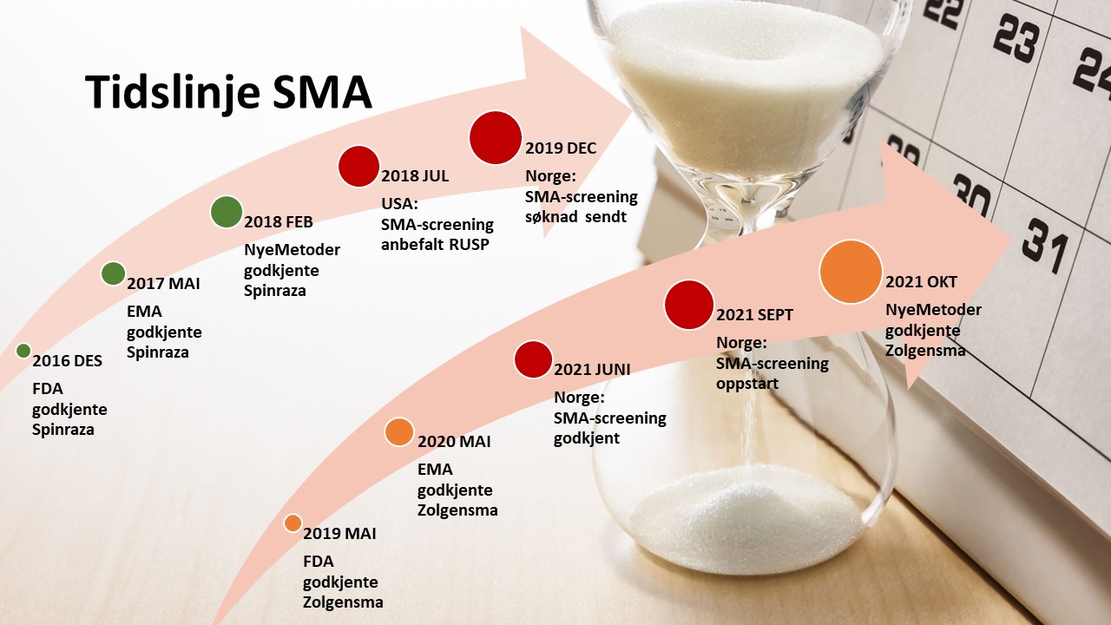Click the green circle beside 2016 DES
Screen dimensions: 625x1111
(x=23, y=351)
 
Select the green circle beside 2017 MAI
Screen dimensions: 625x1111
(x=113, y=273)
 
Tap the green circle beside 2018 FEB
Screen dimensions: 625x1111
(x=227, y=213)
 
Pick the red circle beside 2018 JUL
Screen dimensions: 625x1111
(x=358, y=167)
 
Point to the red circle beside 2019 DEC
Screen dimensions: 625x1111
(x=496, y=137)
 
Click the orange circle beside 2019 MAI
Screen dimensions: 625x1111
(x=293, y=523)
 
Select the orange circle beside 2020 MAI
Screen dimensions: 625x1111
(x=399, y=431)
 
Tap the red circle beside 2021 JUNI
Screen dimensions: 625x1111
(x=533, y=359)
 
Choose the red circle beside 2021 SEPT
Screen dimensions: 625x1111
(x=689, y=305)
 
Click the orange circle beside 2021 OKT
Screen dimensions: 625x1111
(x=851, y=272)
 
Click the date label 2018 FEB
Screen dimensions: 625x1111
(x=279, y=222)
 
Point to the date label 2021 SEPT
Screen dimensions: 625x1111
(x=754, y=315)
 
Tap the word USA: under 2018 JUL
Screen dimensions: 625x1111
(x=400, y=204)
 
